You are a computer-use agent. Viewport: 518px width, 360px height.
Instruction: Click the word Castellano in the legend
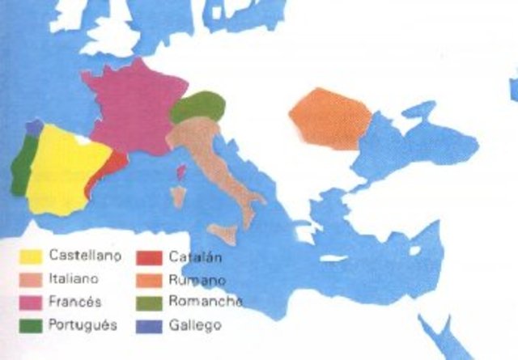click(x=85, y=256)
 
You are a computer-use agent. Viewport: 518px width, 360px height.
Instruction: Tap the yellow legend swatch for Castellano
click(x=31, y=257)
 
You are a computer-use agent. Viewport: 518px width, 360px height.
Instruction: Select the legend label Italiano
click(x=74, y=278)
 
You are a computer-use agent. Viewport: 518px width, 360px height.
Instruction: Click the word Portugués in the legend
click(x=83, y=325)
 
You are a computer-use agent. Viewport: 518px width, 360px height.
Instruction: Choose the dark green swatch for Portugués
click(x=31, y=326)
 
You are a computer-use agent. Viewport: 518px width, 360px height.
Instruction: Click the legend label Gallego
click(x=195, y=325)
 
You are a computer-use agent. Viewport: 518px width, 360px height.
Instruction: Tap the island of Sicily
click(x=223, y=234)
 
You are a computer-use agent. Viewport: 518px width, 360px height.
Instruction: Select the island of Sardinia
click(x=177, y=197)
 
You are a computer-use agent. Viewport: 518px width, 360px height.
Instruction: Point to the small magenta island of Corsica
click(x=182, y=171)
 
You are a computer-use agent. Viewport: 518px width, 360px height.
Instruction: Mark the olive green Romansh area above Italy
click(x=195, y=106)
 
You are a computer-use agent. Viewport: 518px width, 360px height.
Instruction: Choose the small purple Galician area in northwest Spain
click(x=33, y=127)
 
